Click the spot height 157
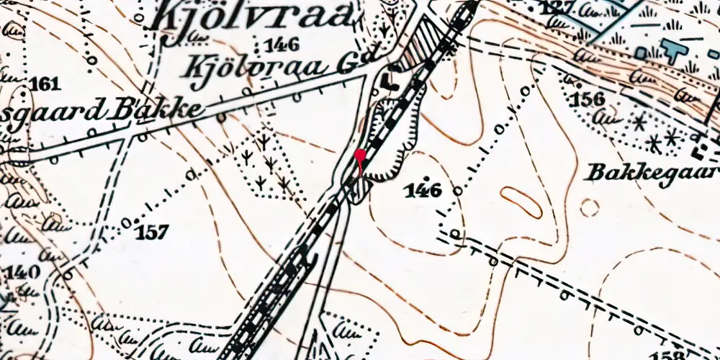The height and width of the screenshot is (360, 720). (x=153, y=232)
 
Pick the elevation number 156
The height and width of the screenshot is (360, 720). (x=587, y=99)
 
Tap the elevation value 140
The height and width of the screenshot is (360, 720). (x=22, y=273)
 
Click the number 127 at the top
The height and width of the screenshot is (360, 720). (x=559, y=7)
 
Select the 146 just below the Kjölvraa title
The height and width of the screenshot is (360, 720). (x=281, y=45)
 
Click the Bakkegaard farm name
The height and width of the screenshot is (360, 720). (x=652, y=173)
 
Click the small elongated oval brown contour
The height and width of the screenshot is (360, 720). (x=521, y=202)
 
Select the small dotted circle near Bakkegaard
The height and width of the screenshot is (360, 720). (x=589, y=208)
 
